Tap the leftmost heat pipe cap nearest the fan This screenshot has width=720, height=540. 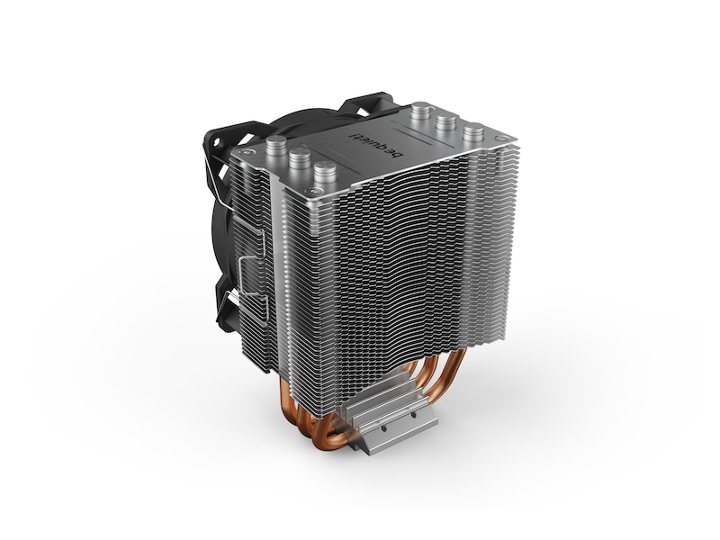point(276,144)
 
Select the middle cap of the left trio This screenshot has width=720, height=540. point(300,157)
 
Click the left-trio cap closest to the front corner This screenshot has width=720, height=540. point(325,169)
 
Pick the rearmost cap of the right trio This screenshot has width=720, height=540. point(420,109)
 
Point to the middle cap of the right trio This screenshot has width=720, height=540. point(446,121)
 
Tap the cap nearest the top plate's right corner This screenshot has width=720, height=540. point(473,130)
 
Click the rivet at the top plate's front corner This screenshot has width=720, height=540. point(313,191)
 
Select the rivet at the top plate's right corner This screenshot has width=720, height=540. point(501,138)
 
